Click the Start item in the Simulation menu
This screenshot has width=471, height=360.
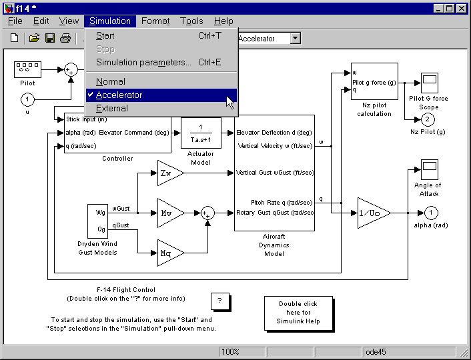point(105,36)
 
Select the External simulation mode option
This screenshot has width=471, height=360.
point(111,108)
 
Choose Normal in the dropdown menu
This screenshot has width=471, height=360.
point(110,81)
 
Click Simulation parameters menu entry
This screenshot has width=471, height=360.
point(143,62)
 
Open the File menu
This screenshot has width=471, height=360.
point(15,21)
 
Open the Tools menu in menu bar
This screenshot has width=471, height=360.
point(191,21)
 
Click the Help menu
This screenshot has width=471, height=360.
point(223,21)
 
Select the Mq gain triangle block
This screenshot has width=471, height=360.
point(168,253)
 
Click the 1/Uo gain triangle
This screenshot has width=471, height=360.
point(372,213)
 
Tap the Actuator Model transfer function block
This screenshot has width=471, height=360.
point(201,133)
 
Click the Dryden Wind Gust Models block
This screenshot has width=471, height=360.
point(97,221)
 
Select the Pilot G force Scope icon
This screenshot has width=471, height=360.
point(429,83)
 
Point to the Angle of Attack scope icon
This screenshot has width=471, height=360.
point(428,169)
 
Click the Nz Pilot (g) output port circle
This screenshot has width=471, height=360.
point(428,119)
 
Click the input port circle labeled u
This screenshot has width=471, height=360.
point(27,99)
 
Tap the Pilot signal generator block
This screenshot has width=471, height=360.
point(27,69)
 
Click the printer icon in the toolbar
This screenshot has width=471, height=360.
point(65,39)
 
